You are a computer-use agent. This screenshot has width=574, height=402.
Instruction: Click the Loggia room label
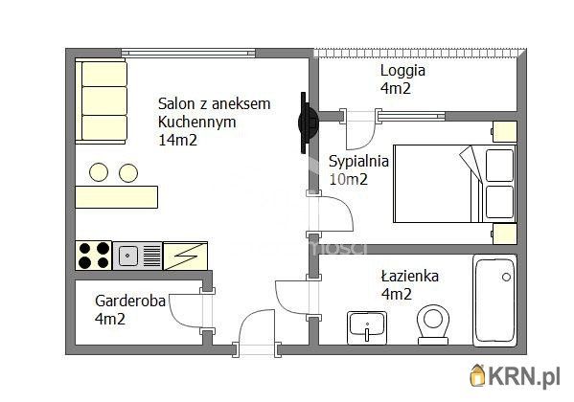[x=402, y=70]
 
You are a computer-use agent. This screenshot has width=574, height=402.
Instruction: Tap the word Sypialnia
[x=358, y=162]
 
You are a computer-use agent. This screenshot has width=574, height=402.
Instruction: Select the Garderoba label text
[x=130, y=301]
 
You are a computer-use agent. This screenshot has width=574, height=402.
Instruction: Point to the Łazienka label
[x=409, y=276]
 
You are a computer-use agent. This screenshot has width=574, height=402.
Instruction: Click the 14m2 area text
[x=177, y=140]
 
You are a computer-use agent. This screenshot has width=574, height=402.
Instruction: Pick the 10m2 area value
[x=348, y=179]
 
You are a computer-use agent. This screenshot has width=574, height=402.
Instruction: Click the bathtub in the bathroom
[x=494, y=301]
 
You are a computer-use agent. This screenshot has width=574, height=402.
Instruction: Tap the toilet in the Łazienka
[x=433, y=324]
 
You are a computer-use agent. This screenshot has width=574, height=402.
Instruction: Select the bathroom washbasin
[x=366, y=327]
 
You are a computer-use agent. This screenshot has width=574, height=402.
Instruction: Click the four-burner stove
[x=94, y=256]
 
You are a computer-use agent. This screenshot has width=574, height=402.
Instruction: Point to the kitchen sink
[x=137, y=256]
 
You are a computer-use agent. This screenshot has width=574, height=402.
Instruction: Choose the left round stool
[x=99, y=172]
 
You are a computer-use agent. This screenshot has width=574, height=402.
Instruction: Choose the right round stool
[x=128, y=172]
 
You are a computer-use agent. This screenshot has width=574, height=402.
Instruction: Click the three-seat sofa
[x=101, y=100]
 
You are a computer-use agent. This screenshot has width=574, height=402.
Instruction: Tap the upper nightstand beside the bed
[x=504, y=132]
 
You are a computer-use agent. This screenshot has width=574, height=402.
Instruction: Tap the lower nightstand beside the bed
[x=504, y=234]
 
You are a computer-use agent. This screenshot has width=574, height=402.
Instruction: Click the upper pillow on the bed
[x=499, y=166]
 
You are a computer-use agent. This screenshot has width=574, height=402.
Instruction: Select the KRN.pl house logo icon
[x=478, y=375]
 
